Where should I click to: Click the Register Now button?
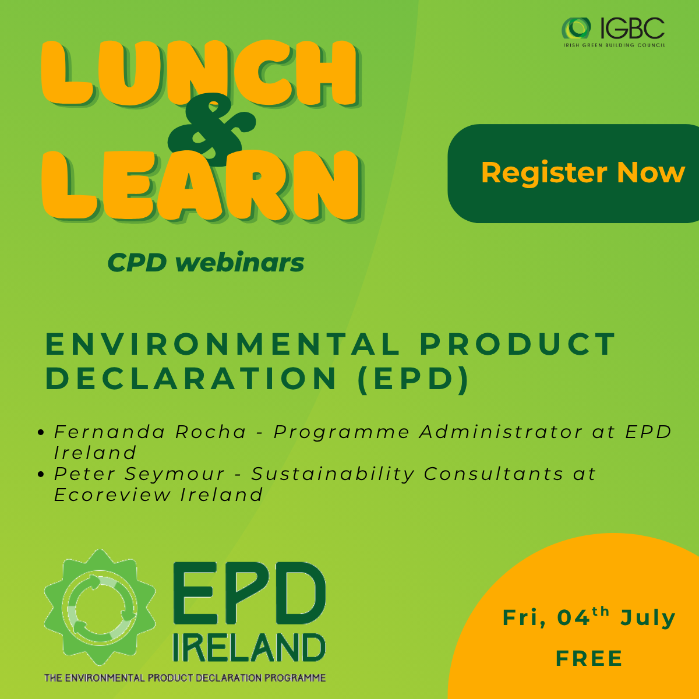pyautogui.click(x=573, y=174)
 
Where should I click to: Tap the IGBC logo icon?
pyautogui.click(x=576, y=29)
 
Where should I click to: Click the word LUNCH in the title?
pyautogui.click(x=200, y=73)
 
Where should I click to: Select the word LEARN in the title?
pyautogui.click(x=202, y=185)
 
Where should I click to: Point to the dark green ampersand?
pyautogui.click(x=211, y=129)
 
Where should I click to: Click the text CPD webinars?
pyautogui.click(x=206, y=262)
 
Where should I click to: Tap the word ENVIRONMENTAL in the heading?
pyautogui.click(x=222, y=344)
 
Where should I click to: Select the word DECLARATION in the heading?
pyautogui.click(x=191, y=379)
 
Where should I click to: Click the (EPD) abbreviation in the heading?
pyautogui.click(x=413, y=379)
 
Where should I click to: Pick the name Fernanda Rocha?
pyautogui.click(x=150, y=432)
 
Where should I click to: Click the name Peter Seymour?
pyautogui.click(x=139, y=474)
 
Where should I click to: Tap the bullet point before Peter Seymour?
pyautogui.click(x=41, y=474)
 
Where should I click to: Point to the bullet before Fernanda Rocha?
pyautogui.click(x=41, y=432)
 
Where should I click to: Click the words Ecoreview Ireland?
pyautogui.click(x=158, y=495)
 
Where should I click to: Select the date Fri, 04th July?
pyautogui.click(x=589, y=618)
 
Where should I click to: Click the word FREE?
pyautogui.click(x=589, y=658)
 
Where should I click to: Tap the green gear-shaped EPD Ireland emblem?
pyautogui.click(x=100, y=608)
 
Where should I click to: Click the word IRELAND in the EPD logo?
pyautogui.click(x=249, y=648)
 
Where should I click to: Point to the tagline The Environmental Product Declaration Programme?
pyautogui.click(x=185, y=677)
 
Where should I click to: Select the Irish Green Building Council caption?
pyautogui.click(x=615, y=45)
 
